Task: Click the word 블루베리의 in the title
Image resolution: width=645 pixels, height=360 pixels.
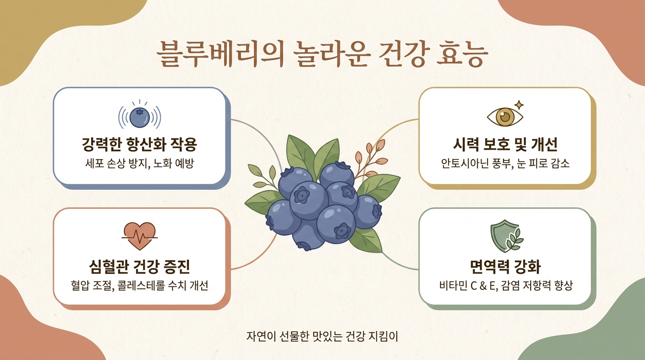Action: click(x=220, y=55)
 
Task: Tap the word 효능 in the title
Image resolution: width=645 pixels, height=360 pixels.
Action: click(x=462, y=55)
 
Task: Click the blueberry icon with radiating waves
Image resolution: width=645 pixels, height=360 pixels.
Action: click(x=140, y=115)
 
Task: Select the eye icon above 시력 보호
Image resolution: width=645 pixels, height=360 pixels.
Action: click(x=505, y=116)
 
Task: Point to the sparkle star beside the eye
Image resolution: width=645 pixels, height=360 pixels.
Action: click(x=519, y=105)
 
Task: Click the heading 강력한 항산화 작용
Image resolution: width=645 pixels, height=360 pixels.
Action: click(x=140, y=144)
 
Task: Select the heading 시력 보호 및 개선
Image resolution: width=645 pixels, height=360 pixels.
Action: click(x=505, y=144)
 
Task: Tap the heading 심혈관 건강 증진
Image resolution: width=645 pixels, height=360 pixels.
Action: click(x=140, y=266)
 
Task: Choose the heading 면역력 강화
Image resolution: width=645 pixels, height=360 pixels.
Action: click(x=505, y=266)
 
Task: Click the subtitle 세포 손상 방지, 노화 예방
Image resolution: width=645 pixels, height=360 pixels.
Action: click(x=140, y=163)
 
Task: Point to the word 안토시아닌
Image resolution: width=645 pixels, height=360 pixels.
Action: click(x=465, y=163)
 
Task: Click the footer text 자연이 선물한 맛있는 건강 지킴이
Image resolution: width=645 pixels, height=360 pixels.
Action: click(x=322, y=336)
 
